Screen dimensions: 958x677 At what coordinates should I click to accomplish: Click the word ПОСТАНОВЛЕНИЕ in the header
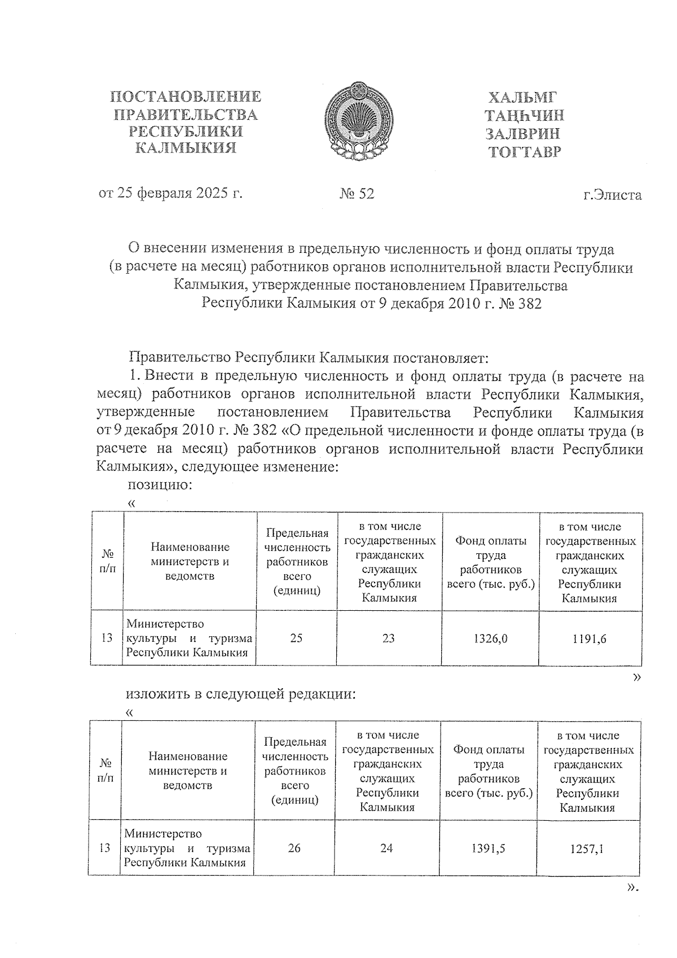coord(185,97)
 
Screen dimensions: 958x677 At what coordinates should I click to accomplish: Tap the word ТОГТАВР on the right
coord(525,152)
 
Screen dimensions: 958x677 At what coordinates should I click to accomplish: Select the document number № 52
coord(357,194)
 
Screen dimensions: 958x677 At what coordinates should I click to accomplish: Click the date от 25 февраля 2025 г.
coord(170,194)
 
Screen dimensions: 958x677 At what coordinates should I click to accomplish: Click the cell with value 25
coord(296,638)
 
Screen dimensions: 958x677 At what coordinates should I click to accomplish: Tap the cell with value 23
coord(389,638)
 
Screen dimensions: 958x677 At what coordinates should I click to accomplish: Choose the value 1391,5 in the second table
coord(488,848)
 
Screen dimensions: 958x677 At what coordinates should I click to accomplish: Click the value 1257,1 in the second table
coord(588,848)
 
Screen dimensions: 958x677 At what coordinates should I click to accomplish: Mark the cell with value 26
coord(294,848)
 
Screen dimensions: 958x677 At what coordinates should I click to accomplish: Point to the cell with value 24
coord(386,848)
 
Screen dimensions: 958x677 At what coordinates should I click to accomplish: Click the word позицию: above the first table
coord(161,485)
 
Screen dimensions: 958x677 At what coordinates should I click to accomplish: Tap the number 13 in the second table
coord(104,848)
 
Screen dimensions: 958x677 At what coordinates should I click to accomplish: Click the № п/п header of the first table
coord(107,562)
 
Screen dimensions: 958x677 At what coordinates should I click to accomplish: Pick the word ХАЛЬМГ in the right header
coord(525,97)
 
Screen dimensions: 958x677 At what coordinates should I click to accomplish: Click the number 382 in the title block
coord(529,304)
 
